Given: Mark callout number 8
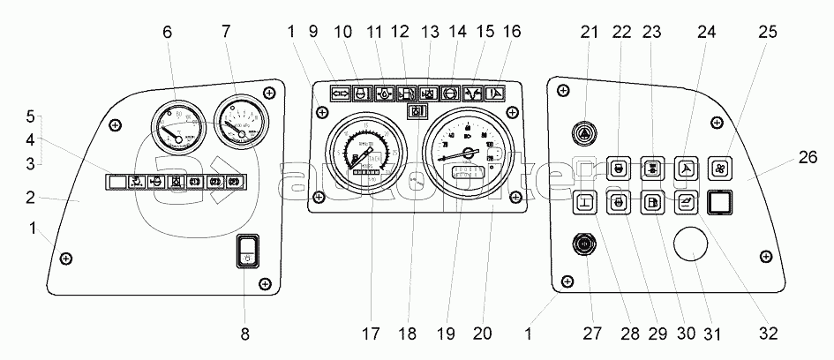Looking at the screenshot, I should (x=245, y=334).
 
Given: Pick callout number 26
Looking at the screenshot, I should (x=808, y=158).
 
